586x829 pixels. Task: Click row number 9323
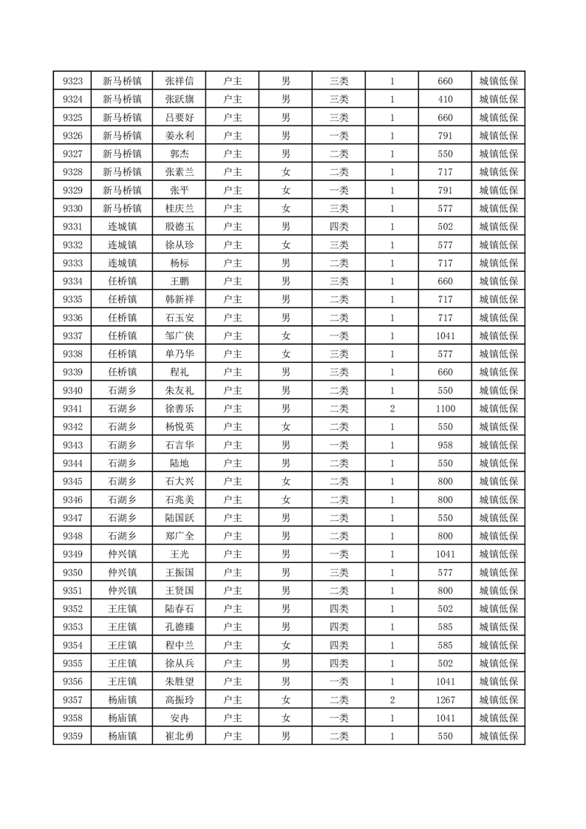[x=72, y=81]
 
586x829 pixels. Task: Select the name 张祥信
[x=179, y=81]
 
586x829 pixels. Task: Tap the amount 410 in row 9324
[x=445, y=99]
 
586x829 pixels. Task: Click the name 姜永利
[x=179, y=136]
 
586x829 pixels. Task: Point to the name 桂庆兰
[x=179, y=208]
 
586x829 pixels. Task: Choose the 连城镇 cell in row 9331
[x=122, y=227]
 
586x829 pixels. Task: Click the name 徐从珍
[x=179, y=245]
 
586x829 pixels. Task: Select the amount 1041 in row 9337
[x=445, y=336]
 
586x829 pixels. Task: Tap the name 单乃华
[x=179, y=354]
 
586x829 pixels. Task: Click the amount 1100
[x=445, y=409]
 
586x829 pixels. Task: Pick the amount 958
[x=445, y=445]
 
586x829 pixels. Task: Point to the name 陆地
[x=179, y=463]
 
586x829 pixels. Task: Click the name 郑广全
[x=179, y=536]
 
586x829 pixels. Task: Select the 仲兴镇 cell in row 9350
[x=122, y=573]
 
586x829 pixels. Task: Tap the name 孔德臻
[x=179, y=627]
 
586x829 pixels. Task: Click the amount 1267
[x=445, y=700]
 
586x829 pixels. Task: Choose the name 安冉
[x=179, y=718]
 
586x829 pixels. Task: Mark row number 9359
[x=72, y=736]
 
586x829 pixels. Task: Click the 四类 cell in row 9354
[x=338, y=645]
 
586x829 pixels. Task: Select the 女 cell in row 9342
[x=285, y=427]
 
